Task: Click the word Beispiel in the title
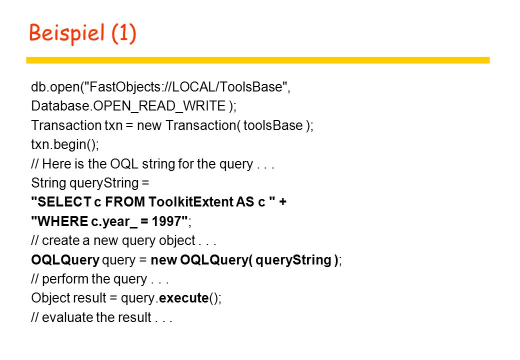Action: tap(67, 33)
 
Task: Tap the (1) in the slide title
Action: tap(124, 33)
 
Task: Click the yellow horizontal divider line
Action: tap(257, 60)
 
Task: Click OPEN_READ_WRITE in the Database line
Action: tap(159, 106)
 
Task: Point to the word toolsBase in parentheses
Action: tap(273, 125)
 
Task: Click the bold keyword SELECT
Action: tap(64, 202)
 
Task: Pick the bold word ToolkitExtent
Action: tap(190, 202)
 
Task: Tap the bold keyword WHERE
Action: tap(62, 221)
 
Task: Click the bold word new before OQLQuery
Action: tap(163, 260)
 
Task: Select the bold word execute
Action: tap(183, 298)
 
